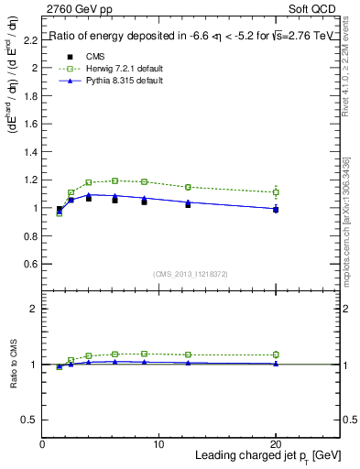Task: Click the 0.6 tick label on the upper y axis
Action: coord(32,264)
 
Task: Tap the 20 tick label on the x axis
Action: coord(276,444)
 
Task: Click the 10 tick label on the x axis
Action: coord(158,444)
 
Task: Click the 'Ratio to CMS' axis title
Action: coord(15,364)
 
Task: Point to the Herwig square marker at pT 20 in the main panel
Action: coord(276,192)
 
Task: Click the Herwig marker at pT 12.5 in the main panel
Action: coord(188,187)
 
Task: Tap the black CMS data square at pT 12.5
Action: coord(188,204)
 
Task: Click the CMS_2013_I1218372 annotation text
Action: coord(191,274)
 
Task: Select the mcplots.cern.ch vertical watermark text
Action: coord(347,211)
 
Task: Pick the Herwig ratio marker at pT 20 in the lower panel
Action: coord(276,354)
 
